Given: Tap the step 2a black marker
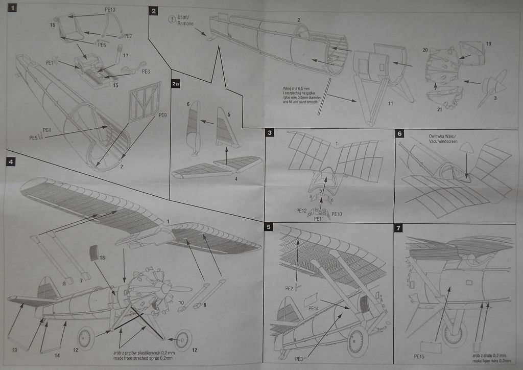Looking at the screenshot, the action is [176, 84].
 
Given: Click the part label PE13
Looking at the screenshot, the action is [110, 9].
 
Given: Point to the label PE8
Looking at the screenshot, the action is [146, 71].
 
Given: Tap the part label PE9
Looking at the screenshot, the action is [163, 115].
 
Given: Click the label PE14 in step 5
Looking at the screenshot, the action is [314, 308].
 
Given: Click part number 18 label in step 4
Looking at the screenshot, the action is [102, 259].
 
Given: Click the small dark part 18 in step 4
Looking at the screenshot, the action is [93, 252].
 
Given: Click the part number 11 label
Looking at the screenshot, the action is [390, 103].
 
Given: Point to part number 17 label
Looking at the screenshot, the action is [125, 55].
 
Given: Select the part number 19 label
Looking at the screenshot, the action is [488, 44].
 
